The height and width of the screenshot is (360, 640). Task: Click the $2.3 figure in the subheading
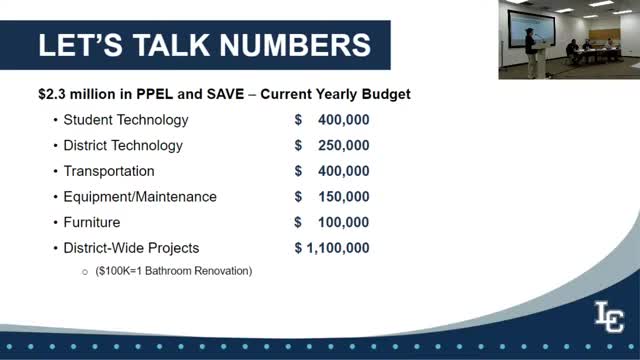(52, 94)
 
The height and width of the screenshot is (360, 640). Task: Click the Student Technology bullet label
(125, 120)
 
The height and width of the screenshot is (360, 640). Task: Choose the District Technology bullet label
(123, 146)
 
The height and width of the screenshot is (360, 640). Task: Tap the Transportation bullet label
(109, 171)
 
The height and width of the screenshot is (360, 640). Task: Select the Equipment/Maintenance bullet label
(140, 197)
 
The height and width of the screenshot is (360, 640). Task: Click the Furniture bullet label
(92, 222)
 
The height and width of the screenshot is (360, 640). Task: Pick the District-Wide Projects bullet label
(131, 248)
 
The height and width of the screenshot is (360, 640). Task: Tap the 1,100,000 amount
(338, 248)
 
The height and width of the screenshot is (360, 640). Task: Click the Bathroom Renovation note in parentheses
(174, 271)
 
